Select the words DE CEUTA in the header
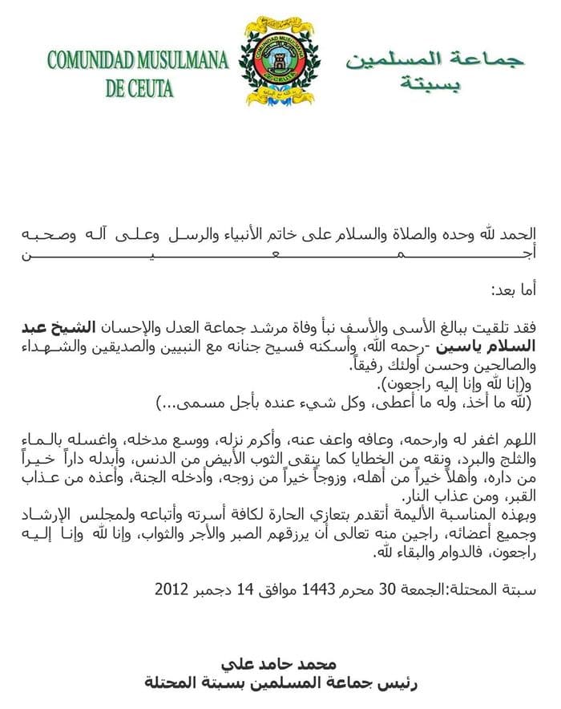(x=139, y=87)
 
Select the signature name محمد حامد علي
(x=281, y=665)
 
